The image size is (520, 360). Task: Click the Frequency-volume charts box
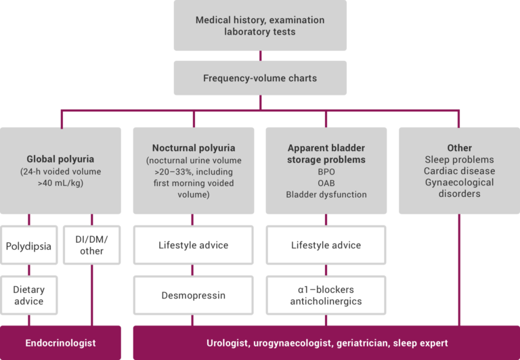pos(260,78)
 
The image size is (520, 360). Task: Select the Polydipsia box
pos(29,245)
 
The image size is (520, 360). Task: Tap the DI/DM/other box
pos(92,245)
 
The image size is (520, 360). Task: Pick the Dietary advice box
pos(29,295)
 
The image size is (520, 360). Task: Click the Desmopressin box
pos(194,295)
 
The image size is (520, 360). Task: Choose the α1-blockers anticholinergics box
pos(326,295)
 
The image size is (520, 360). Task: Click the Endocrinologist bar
pos(60,343)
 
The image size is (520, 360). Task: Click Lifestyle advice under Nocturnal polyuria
pos(194,245)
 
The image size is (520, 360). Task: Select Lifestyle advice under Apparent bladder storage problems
pos(326,245)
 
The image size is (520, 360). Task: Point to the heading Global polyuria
pos(60,159)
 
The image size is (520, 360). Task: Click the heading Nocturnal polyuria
pos(194,148)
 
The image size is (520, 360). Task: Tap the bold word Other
pos(459,148)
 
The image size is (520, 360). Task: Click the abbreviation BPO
pos(326,172)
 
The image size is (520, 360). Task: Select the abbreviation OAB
pos(326,183)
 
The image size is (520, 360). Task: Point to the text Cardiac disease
pos(459,171)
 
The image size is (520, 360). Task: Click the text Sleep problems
pos(459,160)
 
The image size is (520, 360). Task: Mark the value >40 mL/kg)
pos(60,183)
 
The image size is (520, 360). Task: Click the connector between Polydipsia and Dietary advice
pos(29,270)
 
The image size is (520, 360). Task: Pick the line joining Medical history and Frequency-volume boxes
pos(260,55)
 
